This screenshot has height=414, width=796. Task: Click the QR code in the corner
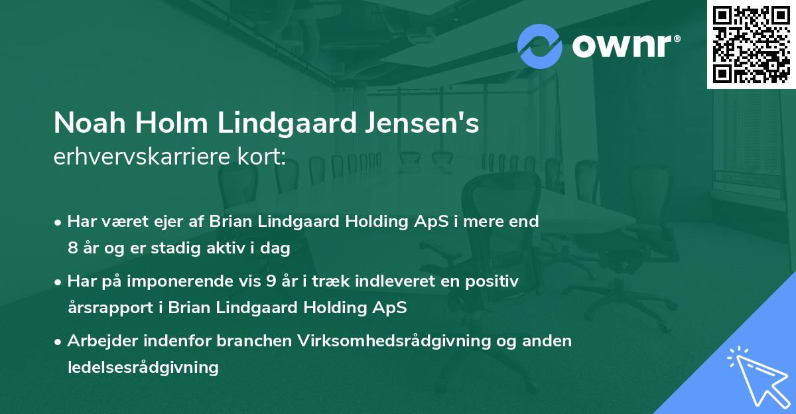pos(752,44)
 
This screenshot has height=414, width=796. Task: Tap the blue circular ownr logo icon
pos(540,45)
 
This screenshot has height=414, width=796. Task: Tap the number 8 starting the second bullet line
pos(72,248)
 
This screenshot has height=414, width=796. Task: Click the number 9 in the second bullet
pos(271,281)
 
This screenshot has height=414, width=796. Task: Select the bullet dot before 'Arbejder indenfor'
pos(59,342)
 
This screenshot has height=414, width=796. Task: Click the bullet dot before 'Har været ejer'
pos(59,222)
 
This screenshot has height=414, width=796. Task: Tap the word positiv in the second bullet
pos(494,281)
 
